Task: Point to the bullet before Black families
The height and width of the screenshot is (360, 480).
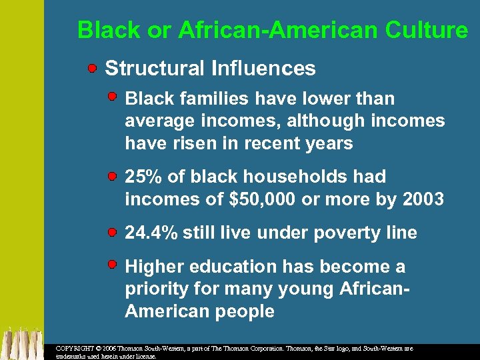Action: tap(113, 97)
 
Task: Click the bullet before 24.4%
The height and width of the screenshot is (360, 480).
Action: tap(113, 232)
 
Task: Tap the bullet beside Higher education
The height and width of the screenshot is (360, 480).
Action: tap(113, 265)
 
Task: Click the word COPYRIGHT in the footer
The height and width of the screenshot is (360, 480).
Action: tap(75, 348)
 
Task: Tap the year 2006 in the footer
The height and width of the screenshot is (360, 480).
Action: tap(111, 348)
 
